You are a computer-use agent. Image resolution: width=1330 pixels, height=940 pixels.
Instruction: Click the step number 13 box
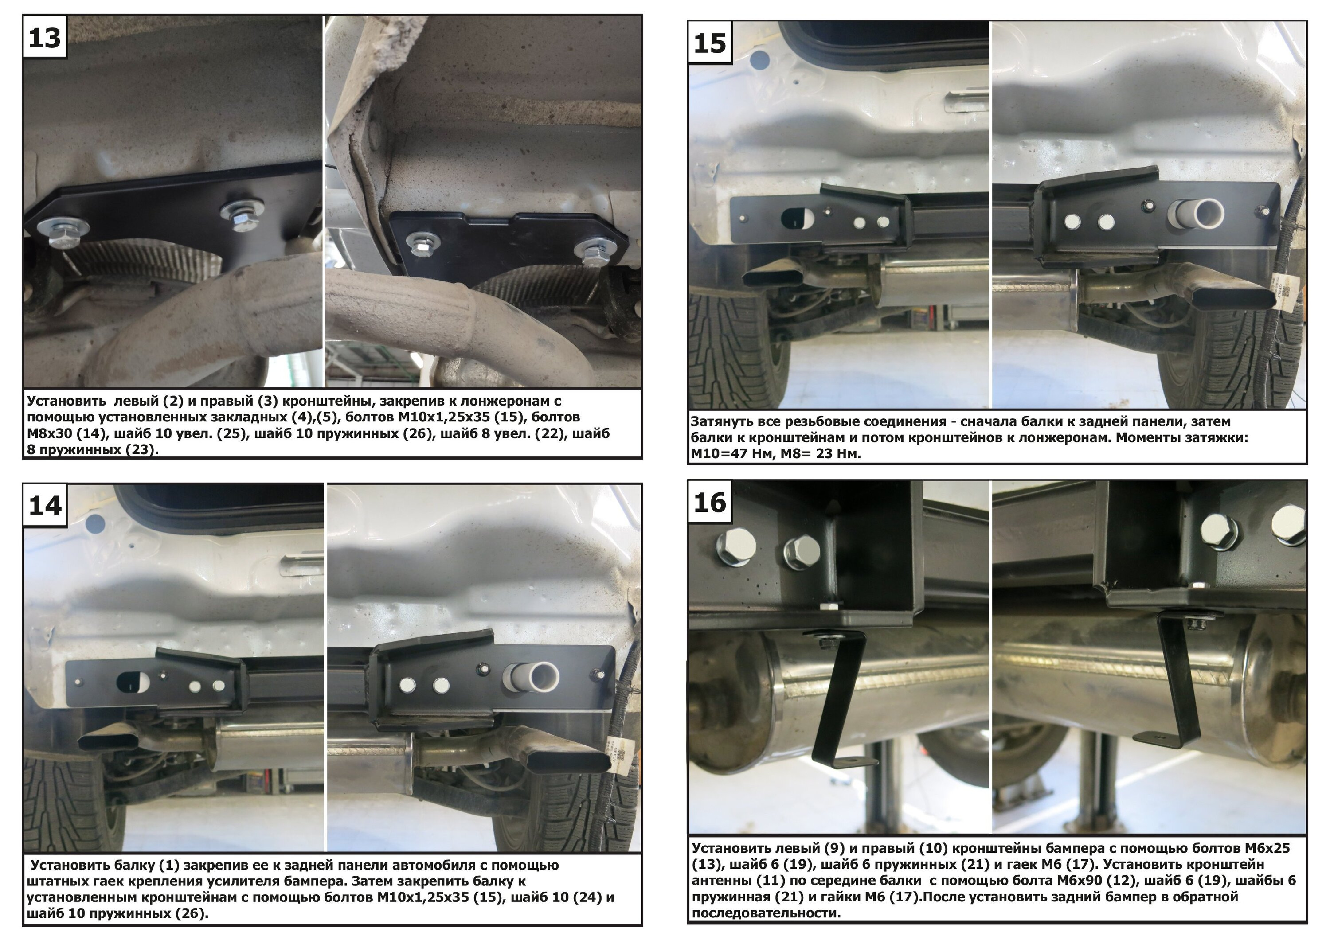(x=45, y=37)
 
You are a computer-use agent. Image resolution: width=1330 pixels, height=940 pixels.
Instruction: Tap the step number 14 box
(x=45, y=505)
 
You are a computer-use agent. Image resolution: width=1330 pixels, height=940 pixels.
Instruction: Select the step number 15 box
(x=710, y=42)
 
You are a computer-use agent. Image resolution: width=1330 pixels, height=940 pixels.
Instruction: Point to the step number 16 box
(x=710, y=502)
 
